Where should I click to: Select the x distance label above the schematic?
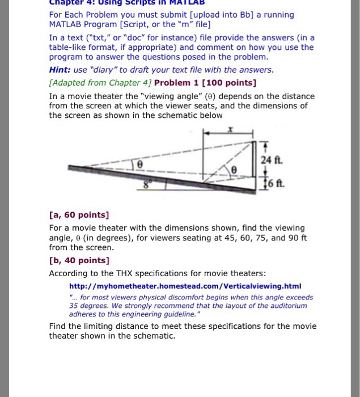tap(230, 130)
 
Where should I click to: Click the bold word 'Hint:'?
tap(61, 70)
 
